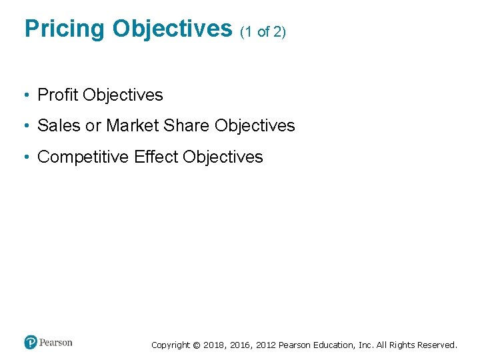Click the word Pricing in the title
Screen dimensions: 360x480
click(x=64, y=29)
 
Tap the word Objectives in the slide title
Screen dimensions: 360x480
click(x=171, y=29)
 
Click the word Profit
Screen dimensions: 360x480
click(x=58, y=95)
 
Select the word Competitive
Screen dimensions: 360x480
click(x=83, y=157)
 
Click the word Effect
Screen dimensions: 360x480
click(x=156, y=157)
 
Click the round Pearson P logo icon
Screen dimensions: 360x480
click(x=31, y=343)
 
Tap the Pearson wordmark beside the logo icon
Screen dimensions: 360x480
click(x=56, y=343)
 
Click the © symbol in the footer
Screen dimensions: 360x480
click(x=196, y=345)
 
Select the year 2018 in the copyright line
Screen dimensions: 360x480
click(x=213, y=345)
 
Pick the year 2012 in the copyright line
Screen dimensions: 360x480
click(x=263, y=345)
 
